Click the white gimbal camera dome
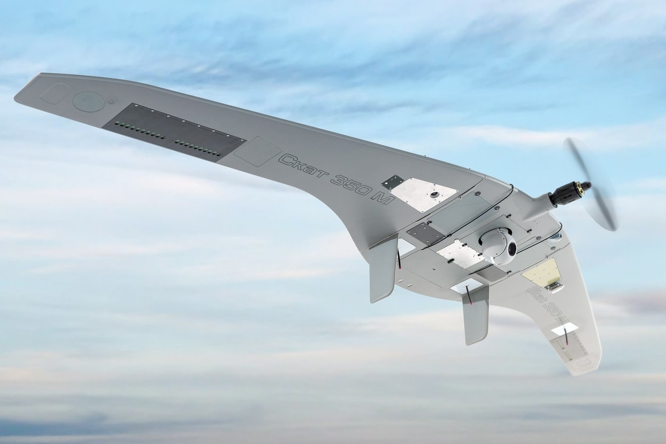[497, 245]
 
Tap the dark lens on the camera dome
[511, 249]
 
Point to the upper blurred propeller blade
[576, 158]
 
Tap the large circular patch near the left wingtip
[88, 101]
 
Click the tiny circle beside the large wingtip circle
[111, 101]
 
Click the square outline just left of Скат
[257, 151]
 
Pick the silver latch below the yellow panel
[554, 288]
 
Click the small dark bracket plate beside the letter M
[393, 182]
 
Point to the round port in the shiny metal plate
[434, 193]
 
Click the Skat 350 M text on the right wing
[541, 302]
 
